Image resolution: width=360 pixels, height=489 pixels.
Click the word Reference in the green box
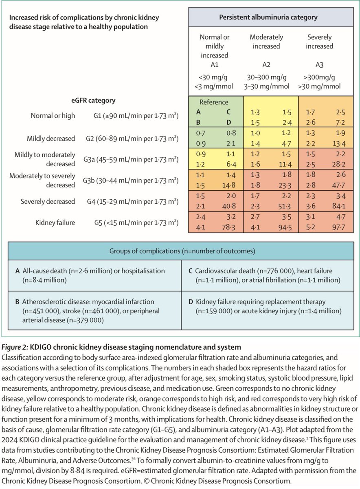click(x=214, y=102)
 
